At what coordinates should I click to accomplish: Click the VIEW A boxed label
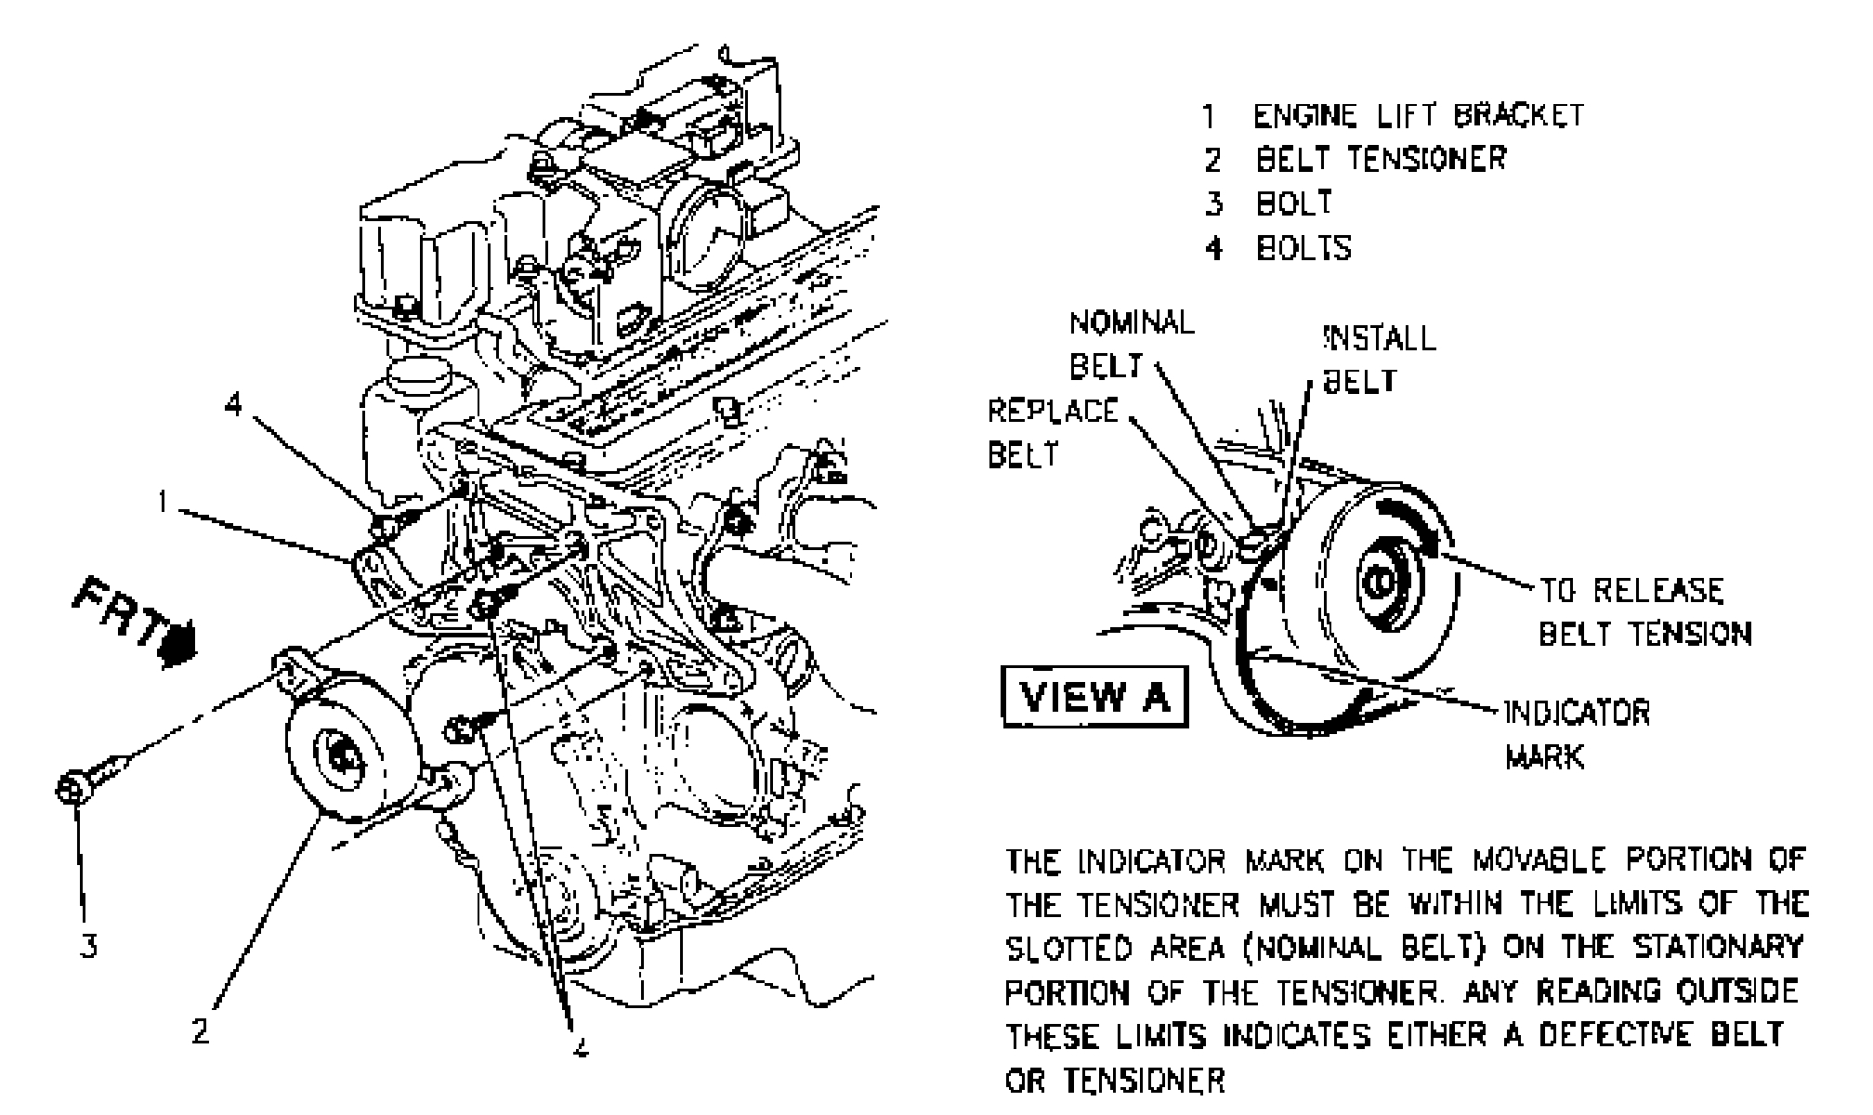(x=1095, y=695)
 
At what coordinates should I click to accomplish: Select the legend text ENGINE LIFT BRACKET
(x=1418, y=115)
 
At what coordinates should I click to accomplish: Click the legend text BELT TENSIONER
(x=1381, y=159)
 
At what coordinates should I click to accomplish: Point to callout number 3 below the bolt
(x=87, y=947)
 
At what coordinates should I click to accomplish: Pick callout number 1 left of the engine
(x=163, y=503)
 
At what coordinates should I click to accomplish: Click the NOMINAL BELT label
(x=1131, y=344)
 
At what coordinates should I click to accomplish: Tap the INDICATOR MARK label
(x=1576, y=734)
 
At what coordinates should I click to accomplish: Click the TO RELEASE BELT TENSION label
(x=1644, y=611)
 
